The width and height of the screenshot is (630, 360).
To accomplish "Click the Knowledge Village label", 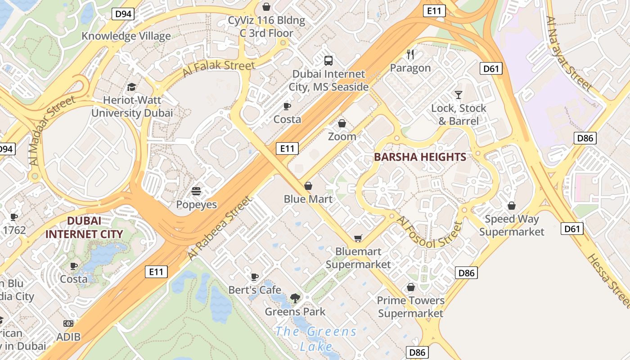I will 126,36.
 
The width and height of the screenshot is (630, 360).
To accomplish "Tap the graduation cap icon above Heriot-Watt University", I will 131,87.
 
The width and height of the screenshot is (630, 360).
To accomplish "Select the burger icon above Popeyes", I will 196,191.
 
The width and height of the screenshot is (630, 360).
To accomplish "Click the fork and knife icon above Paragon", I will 410,54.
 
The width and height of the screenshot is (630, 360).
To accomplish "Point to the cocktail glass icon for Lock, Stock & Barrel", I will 458,94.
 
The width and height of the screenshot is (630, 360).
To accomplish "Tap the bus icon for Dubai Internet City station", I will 328,60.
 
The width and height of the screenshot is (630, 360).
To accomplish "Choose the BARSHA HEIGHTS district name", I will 420,157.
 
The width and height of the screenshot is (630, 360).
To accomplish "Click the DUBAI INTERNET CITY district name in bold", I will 84,228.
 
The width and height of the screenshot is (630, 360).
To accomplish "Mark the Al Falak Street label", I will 219,69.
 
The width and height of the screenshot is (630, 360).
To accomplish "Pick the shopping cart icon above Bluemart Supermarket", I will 358,238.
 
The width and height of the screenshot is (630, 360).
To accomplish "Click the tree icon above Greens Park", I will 295,297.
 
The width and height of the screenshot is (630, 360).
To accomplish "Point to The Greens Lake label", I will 316,339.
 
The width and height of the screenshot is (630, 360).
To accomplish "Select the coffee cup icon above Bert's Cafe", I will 255,276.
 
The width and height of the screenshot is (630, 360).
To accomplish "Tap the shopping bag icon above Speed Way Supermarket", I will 511,206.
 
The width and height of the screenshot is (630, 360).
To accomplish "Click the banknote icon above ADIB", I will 68,323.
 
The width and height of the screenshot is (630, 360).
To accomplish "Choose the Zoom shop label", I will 342,136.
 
